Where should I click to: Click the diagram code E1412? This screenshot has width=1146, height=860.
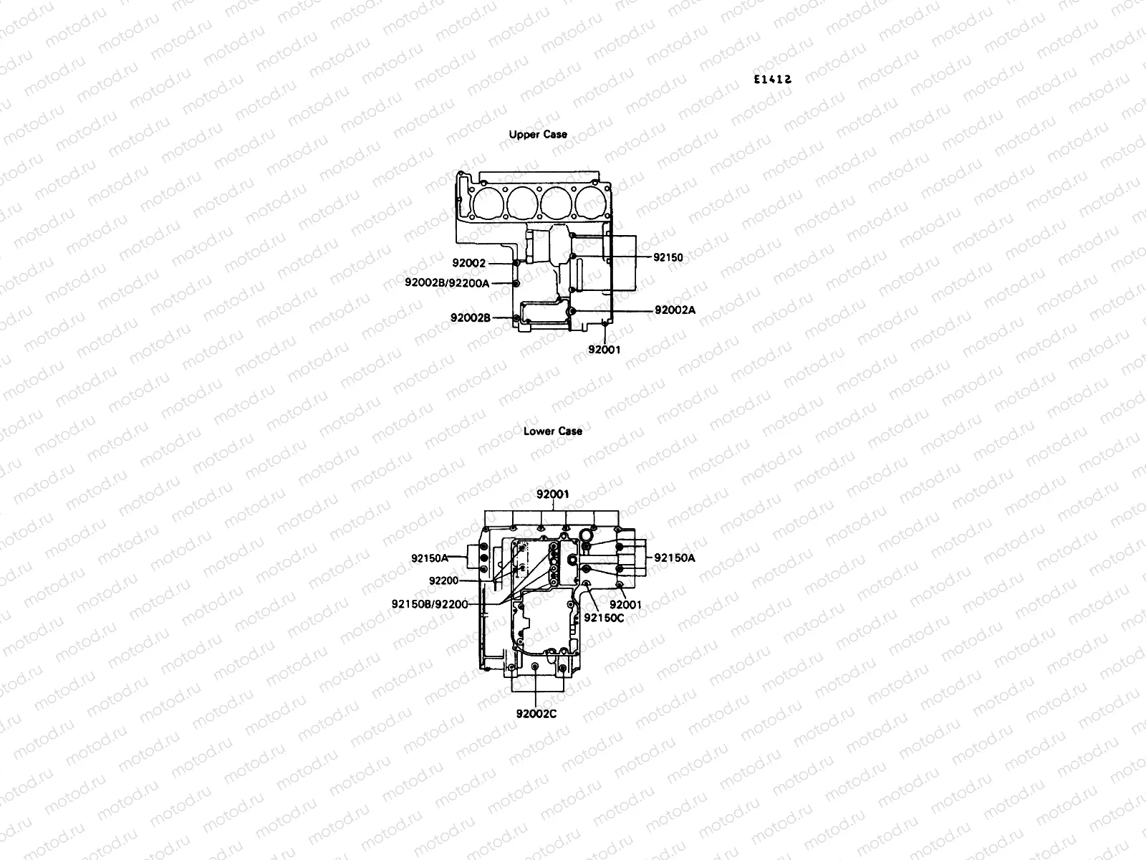point(771,80)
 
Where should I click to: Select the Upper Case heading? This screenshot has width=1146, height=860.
point(538,134)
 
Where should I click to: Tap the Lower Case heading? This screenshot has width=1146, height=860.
point(553,431)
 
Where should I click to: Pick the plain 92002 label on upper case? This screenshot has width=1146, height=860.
point(468,263)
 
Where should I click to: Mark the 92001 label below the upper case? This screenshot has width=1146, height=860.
point(604,350)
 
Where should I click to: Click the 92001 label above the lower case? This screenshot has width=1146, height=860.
point(553,494)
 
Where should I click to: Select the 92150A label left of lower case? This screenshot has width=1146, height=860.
point(429,557)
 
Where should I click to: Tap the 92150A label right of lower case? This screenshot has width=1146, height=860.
point(675,557)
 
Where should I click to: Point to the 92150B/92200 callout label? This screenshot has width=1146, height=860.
point(430,603)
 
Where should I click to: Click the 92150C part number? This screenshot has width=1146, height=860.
point(604,617)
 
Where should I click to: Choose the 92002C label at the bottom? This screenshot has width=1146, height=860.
point(536,713)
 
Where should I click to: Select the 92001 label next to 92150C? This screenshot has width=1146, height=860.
point(625,604)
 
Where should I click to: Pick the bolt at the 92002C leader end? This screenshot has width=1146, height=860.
point(536,668)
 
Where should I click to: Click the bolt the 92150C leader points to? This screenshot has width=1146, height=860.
point(587,586)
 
